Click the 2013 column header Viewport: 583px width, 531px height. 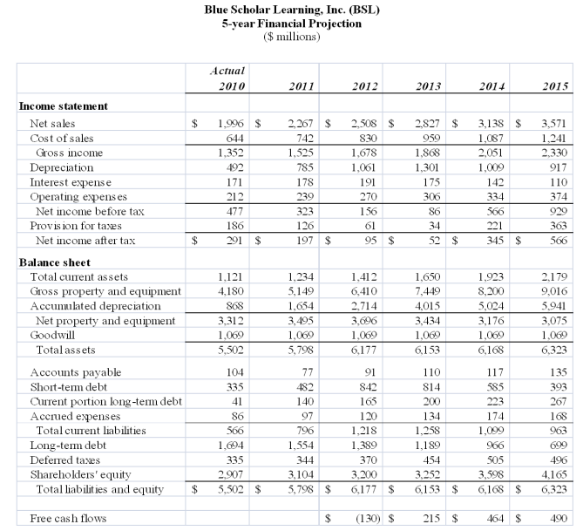click(x=428, y=86)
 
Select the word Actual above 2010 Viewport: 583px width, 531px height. click(x=227, y=71)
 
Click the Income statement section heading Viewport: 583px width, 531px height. click(x=64, y=106)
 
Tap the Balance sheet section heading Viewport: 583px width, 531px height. click(x=55, y=262)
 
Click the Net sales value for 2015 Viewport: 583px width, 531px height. click(x=554, y=123)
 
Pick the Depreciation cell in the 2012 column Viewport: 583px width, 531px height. click(x=363, y=167)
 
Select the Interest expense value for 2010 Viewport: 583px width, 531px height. click(x=234, y=182)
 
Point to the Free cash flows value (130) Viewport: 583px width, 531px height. click(x=368, y=518)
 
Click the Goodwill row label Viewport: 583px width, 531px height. click(x=52, y=336)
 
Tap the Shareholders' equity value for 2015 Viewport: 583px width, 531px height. click(x=554, y=474)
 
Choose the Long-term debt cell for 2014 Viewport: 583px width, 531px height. click(x=495, y=445)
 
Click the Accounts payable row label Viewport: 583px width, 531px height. click(x=76, y=372)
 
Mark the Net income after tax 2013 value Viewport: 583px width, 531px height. click(x=434, y=241)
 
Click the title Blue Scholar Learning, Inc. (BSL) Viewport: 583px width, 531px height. click(x=292, y=10)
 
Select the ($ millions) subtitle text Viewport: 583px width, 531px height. click(x=292, y=37)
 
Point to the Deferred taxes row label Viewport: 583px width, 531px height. click(x=65, y=460)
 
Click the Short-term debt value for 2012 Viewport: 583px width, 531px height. click(x=368, y=387)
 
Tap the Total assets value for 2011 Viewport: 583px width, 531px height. click(x=301, y=351)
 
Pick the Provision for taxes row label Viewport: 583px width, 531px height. click(x=76, y=226)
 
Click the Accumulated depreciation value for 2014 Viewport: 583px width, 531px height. click(x=491, y=306)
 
